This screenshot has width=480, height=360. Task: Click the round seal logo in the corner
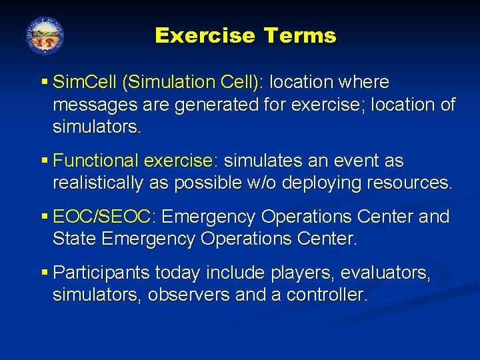click(x=45, y=35)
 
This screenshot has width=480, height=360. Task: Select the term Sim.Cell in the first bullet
click(x=85, y=83)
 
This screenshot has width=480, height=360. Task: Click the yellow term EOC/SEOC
click(x=103, y=217)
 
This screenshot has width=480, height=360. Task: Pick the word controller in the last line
click(x=327, y=295)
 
